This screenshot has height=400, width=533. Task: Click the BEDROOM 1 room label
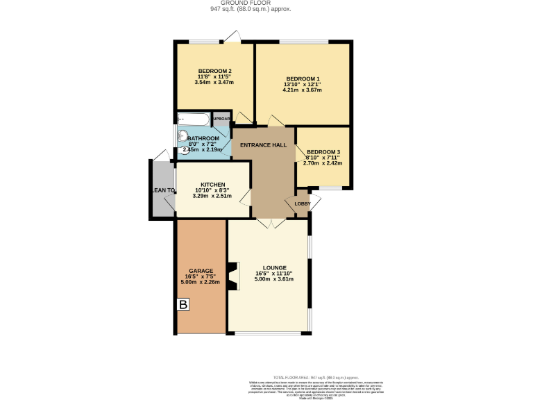pyautogui.click(x=302, y=78)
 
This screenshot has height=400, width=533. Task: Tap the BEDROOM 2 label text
pyautogui.click(x=214, y=71)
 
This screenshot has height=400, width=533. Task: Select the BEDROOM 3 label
pyautogui.click(x=323, y=152)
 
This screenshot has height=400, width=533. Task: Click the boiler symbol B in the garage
pyautogui.click(x=183, y=305)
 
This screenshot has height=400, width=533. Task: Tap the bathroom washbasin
pyautogui.click(x=184, y=137)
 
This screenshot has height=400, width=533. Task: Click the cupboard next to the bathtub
pyautogui.click(x=221, y=119)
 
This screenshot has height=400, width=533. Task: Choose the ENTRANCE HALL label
pyautogui.click(x=263, y=144)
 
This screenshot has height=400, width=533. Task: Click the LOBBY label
pyautogui.click(x=302, y=203)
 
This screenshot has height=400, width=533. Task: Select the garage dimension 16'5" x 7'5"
pyautogui.click(x=200, y=276)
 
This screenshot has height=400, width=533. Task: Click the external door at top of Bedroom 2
pyautogui.click(x=236, y=37)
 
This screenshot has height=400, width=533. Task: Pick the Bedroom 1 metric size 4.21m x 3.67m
pyautogui.click(x=302, y=90)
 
